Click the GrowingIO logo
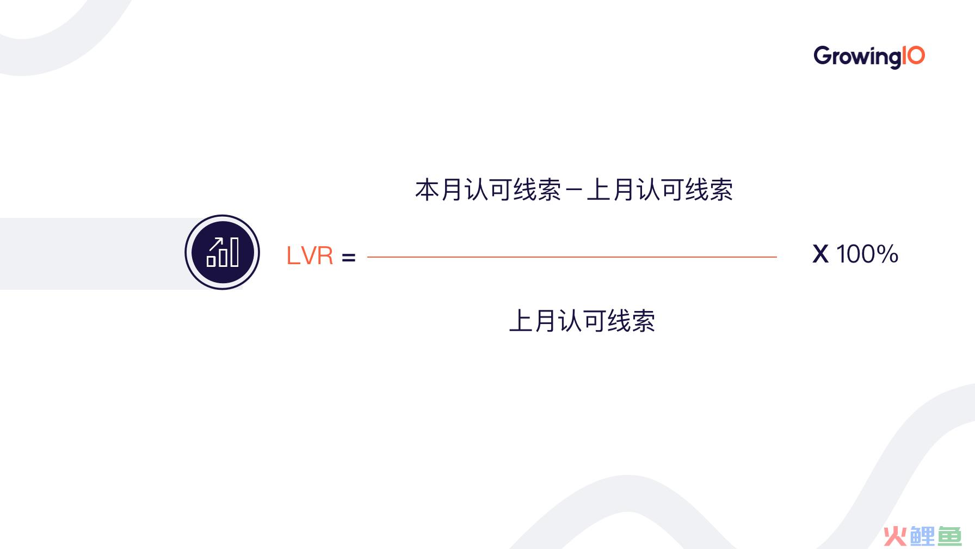tap(869, 57)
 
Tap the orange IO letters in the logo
tap(914, 56)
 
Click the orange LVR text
tap(310, 255)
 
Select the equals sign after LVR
tap(349, 257)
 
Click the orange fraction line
tap(572, 257)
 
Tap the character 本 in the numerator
tap(427, 190)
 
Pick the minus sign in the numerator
tap(574, 191)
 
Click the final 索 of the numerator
tap(721, 190)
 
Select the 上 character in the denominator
tap(521, 321)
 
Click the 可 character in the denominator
tap(594, 321)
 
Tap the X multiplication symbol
tap(820, 254)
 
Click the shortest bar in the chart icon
tap(211, 261)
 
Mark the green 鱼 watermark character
tap(949, 536)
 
